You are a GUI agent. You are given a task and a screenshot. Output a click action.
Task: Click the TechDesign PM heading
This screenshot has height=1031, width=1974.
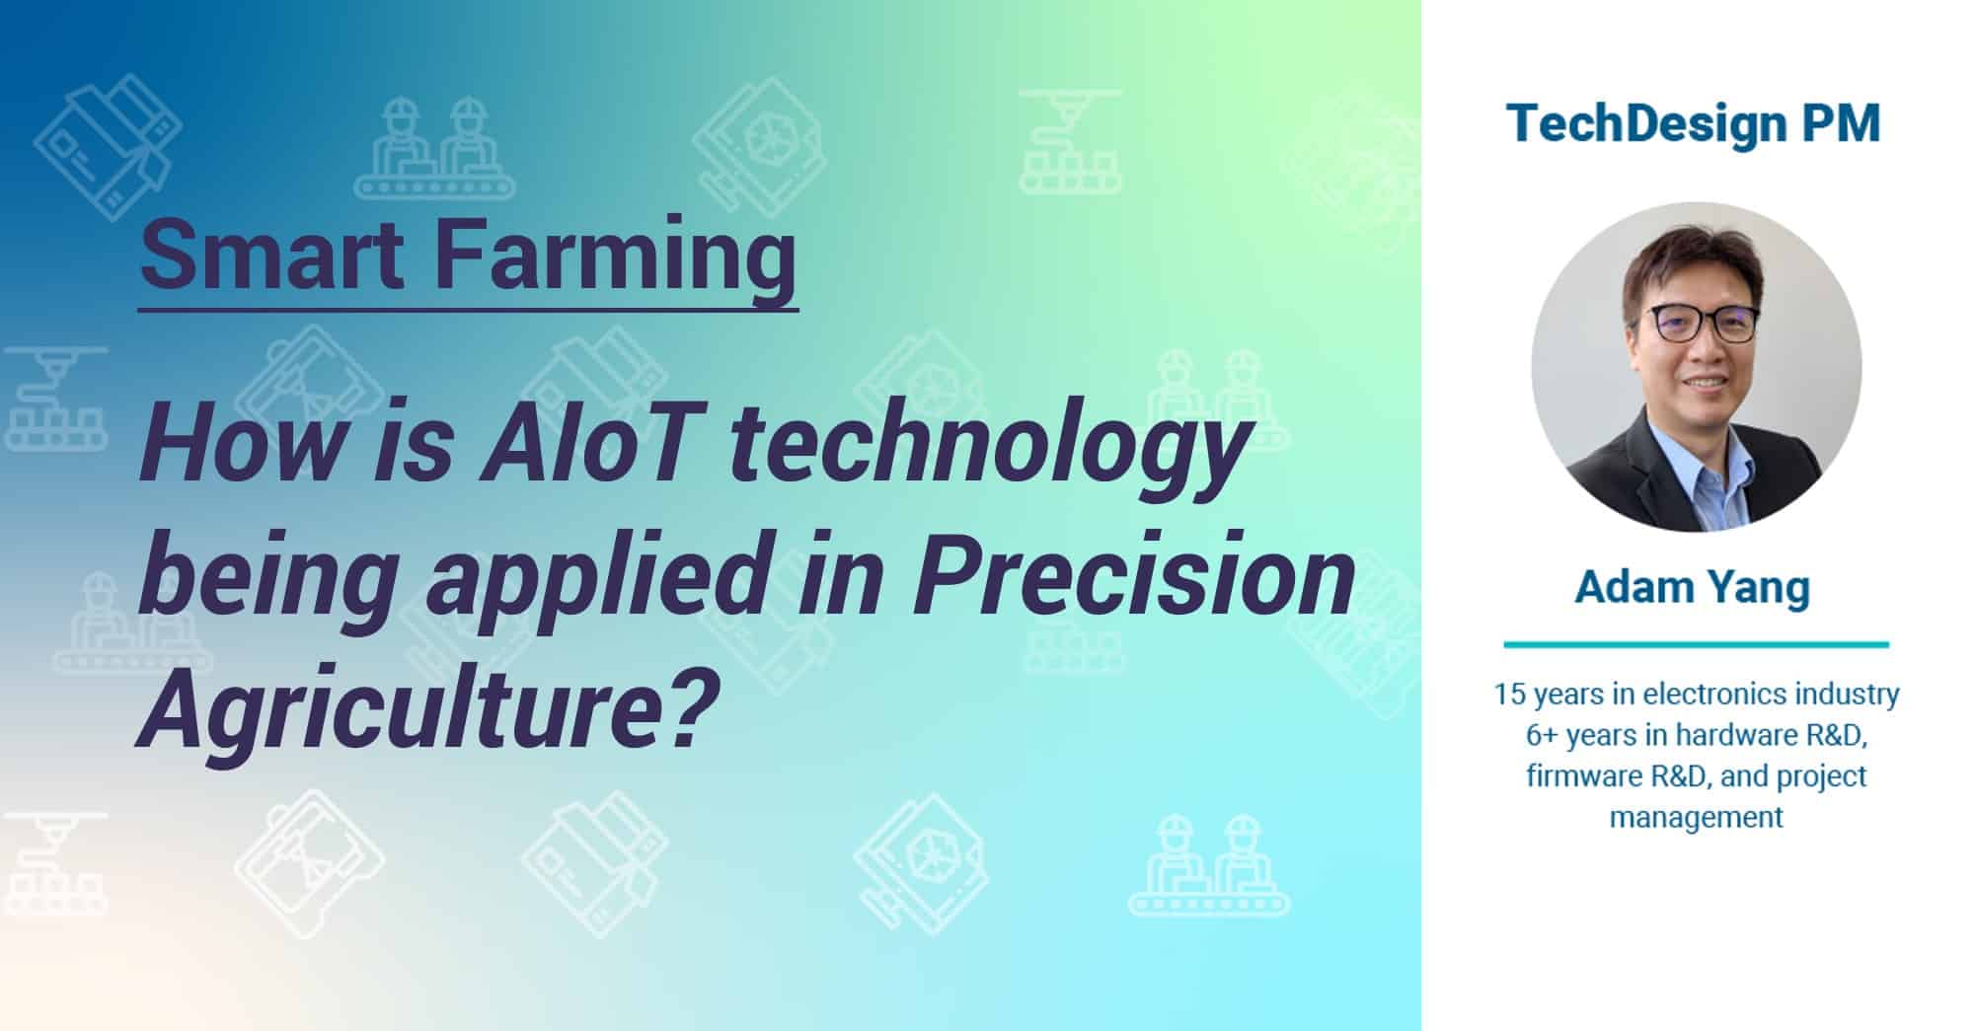[1694, 124]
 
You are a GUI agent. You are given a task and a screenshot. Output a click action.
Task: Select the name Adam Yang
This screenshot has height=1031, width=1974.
[1692, 587]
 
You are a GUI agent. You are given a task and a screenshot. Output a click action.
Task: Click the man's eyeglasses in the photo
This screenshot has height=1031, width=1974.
[1702, 325]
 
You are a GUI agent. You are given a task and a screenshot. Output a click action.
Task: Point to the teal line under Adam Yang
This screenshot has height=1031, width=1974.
[1696, 645]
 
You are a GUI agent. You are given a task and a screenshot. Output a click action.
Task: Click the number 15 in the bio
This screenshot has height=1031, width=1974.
[1510, 695]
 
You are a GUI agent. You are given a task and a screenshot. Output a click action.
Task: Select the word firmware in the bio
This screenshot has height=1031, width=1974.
[1583, 776]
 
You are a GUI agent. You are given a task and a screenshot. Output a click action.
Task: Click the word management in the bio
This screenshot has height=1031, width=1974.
[1696, 818]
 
